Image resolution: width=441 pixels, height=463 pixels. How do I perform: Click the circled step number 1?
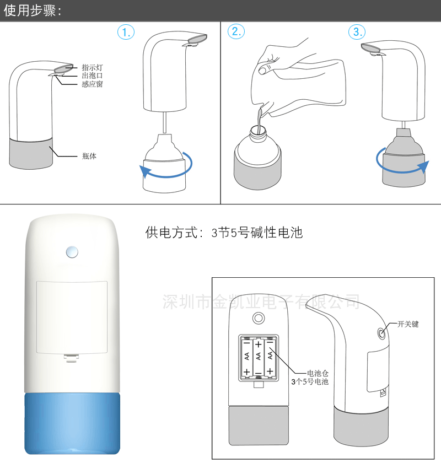[126, 32]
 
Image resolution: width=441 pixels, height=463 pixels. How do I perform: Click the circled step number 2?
[236, 31]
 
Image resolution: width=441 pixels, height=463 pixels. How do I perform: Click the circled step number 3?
[357, 32]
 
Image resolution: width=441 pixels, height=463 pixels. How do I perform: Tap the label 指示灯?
[92, 67]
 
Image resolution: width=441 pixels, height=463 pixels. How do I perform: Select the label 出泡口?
[92, 76]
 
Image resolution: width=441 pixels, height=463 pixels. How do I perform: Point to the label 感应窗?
[92, 84]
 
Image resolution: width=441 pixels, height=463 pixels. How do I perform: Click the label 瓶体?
[89, 156]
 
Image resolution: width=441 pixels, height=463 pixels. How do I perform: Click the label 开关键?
[408, 324]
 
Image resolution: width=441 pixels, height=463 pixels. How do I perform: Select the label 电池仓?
[318, 373]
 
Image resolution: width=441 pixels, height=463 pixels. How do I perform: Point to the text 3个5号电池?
[310, 382]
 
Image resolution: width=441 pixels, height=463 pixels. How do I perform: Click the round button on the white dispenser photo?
[72, 252]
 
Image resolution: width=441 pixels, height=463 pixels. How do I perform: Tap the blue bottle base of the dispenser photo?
[72, 424]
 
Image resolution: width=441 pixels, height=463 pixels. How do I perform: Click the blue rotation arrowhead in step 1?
[145, 171]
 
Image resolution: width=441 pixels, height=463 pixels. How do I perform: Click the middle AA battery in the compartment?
[259, 357]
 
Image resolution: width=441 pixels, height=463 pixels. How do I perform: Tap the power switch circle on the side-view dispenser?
[381, 333]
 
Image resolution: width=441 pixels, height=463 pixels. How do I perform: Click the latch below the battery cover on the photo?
[72, 357]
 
